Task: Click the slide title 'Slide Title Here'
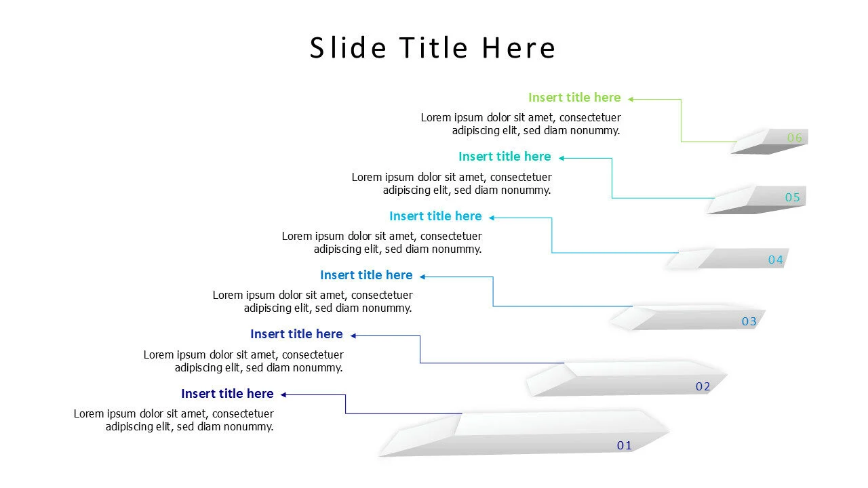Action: (x=433, y=48)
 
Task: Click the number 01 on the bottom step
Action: (x=624, y=445)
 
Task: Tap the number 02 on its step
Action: (x=703, y=386)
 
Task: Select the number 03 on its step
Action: (x=749, y=321)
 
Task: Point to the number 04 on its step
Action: (x=775, y=260)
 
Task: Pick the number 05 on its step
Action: (x=793, y=198)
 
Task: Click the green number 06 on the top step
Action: (x=794, y=138)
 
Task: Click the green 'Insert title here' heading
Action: (x=574, y=98)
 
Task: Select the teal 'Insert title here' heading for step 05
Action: (x=505, y=157)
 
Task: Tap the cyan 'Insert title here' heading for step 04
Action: (x=435, y=216)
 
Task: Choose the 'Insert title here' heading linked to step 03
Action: (x=366, y=275)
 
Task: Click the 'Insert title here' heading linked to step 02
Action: (x=296, y=334)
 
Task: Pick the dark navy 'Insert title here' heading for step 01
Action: (x=227, y=394)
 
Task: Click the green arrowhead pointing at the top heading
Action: (x=630, y=99)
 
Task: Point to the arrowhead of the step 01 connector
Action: (x=284, y=394)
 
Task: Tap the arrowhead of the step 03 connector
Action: (x=422, y=277)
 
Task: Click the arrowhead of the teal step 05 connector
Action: (x=561, y=158)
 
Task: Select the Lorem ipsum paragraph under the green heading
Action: (x=520, y=124)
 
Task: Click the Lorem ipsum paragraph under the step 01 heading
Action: (x=174, y=420)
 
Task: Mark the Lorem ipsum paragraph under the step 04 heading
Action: (x=382, y=243)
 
